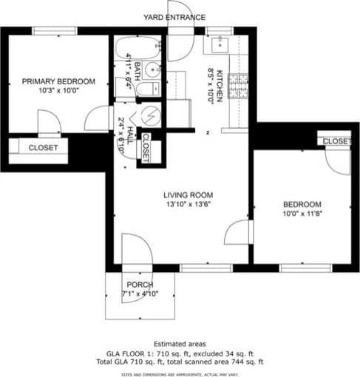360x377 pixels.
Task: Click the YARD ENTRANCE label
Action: pos(174,17)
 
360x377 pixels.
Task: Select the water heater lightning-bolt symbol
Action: pos(151,117)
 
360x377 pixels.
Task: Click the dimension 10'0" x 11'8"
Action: pos(302,214)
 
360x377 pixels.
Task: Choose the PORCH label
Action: pos(140,285)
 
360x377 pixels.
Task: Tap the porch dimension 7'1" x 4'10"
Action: pos(140,293)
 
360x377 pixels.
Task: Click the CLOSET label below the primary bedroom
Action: pos(43,148)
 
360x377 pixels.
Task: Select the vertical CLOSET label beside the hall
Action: pos(146,147)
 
